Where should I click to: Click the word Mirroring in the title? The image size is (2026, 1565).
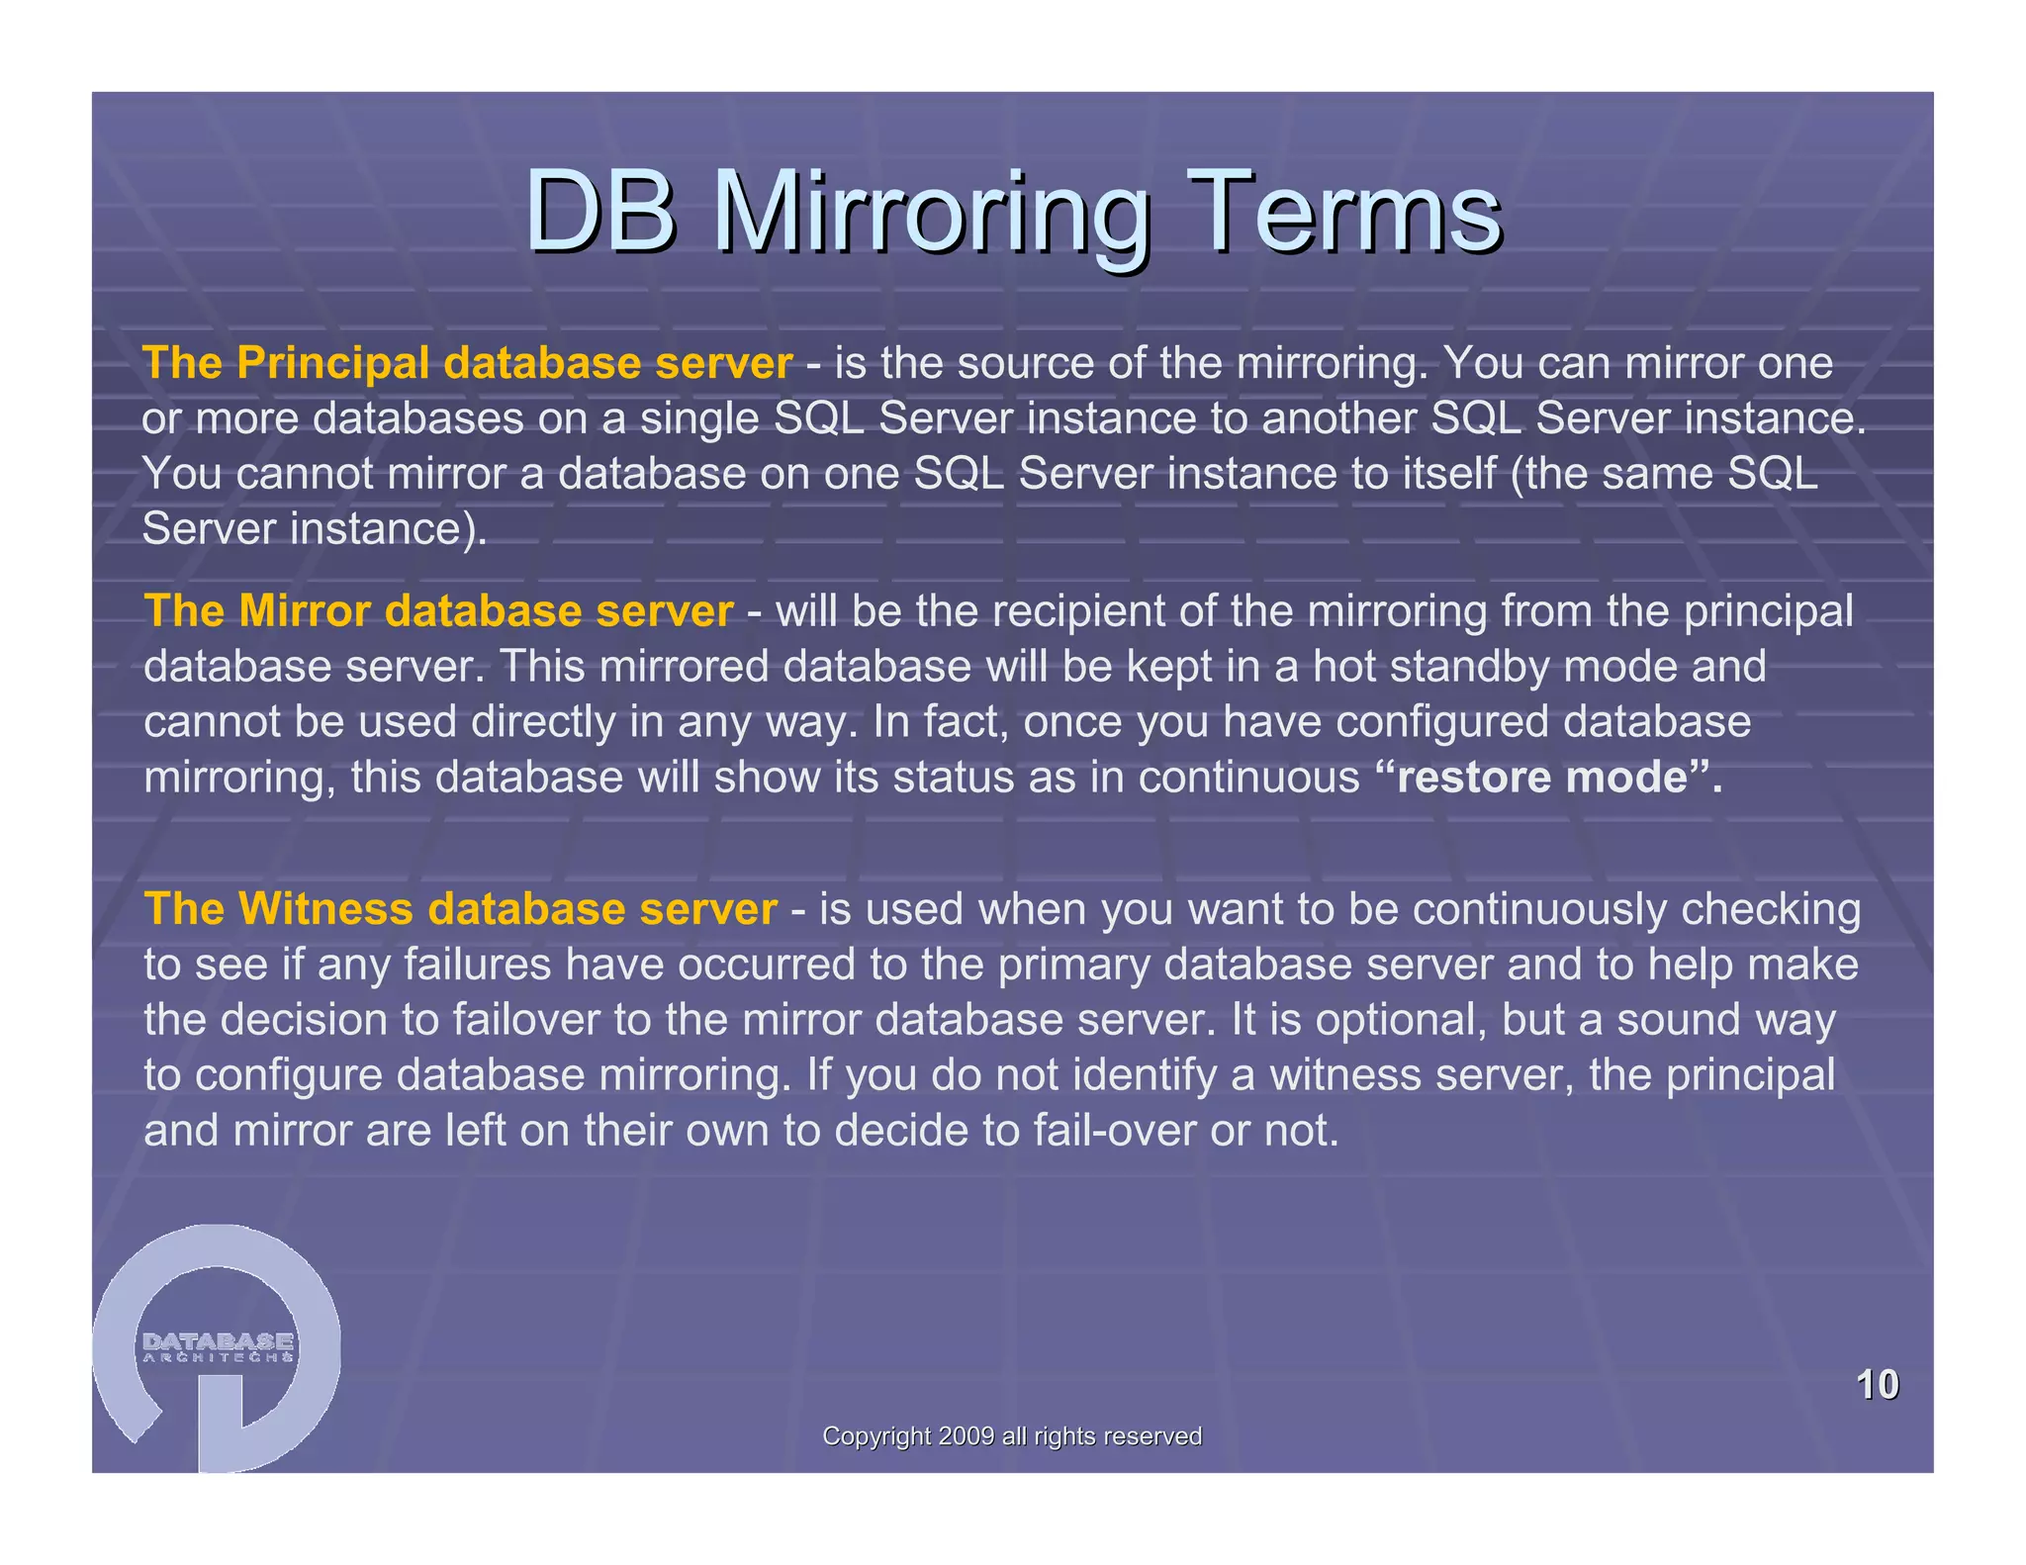point(931,213)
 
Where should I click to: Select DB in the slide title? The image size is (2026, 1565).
point(600,213)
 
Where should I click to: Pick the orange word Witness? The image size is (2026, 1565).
point(326,908)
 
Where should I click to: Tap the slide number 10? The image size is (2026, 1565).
point(1877,1384)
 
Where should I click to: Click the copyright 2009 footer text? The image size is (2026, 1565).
point(1012,1436)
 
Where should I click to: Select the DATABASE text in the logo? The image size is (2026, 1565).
point(218,1341)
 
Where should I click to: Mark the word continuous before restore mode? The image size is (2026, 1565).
point(1248,777)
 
